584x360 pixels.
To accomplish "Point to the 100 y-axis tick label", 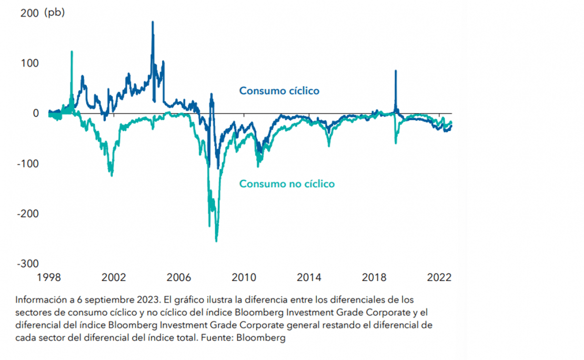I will pyautogui.click(x=30, y=63).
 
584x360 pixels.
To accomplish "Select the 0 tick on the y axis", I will pyautogui.click(x=36, y=113).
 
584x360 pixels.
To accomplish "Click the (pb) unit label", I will pyautogui.click(x=55, y=13).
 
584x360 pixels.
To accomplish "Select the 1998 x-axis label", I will pyautogui.click(x=48, y=277).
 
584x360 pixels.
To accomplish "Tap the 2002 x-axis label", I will pyautogui.click(x=113, y=277).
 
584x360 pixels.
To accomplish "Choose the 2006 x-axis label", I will pyautogui.click(x=178, y=277).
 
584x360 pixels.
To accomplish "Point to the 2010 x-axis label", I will pyautogui.click(x=244, y=277).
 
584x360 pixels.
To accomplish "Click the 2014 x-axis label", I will pyautogui.click(x=309, y=277).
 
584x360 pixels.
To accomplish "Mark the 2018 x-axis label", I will pyautogui.click(x=374, y=277).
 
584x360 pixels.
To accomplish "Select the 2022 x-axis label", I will pyautogui.click(x=439, y=277).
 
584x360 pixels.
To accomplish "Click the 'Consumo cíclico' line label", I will pyautogui.click(x=279, y=91).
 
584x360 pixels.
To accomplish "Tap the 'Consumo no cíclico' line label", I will pyautogui.click(x=287, y=184).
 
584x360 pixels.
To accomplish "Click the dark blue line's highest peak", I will pyautogui.click(x=153, y=22).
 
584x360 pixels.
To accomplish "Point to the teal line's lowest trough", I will pyautogui.click(x=216, y=241).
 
